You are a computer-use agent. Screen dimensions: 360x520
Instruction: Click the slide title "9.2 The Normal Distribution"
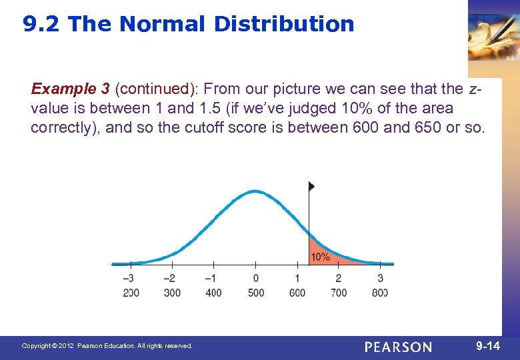coord(189,25)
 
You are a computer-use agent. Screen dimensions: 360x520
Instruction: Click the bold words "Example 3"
coord(70,89)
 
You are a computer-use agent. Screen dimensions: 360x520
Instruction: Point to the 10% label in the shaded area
coord(320,257)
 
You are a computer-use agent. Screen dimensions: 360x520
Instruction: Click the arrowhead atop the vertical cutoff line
coord(311,186)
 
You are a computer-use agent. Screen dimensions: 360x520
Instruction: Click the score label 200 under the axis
coord(131,293)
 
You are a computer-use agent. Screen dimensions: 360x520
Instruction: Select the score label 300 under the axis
coord(172,293)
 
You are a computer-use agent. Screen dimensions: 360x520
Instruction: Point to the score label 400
coord(213,293)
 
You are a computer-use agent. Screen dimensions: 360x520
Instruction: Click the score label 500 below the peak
coord(256,293)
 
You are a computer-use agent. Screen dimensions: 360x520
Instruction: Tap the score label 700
coord(339,293)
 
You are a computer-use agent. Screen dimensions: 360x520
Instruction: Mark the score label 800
coord(380,293)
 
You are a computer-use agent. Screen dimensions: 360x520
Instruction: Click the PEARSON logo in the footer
coord(398,347)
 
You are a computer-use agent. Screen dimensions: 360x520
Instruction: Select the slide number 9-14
coord(487,346)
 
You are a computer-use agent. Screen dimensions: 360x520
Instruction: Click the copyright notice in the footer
coord(107,346)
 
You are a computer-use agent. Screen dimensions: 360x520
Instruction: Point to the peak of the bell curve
coord(255,191)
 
